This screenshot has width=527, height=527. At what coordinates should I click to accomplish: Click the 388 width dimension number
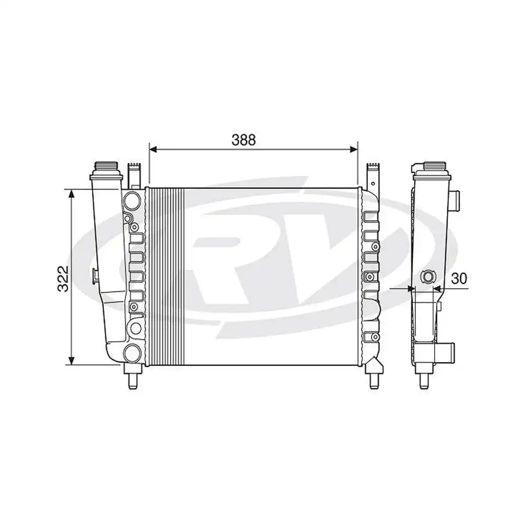point(243,140)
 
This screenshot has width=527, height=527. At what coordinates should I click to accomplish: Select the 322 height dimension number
point(63,279)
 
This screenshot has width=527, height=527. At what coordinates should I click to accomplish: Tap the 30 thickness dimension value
point(460,279)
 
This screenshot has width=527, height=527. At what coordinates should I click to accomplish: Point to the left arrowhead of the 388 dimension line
point(153,150)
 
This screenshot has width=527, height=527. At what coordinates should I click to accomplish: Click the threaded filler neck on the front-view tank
point(107,170)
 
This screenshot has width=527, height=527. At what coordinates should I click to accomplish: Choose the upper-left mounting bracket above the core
point(135,174)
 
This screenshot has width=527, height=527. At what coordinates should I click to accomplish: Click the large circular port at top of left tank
point(132,200)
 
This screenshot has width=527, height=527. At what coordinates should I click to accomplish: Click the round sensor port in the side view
point(428,277)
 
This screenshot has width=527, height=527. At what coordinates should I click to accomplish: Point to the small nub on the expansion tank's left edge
point(94,275)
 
